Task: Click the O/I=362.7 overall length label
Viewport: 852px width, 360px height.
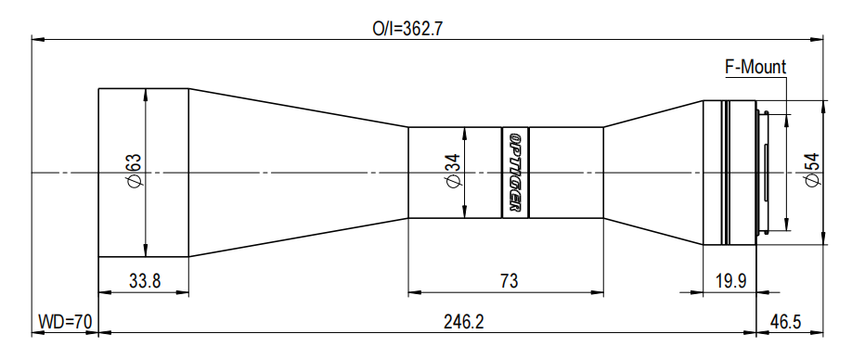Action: [407, 29]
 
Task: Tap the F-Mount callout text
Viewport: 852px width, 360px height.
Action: [755, 68]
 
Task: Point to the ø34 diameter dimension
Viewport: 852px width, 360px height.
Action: [453, 172]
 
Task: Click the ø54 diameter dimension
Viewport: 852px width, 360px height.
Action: [812, 171]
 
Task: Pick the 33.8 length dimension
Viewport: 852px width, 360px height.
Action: [145, 281]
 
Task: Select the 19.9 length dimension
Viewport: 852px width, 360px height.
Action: [730, 281]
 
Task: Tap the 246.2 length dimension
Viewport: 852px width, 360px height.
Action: [463, 322]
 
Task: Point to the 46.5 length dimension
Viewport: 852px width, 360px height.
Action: [785, 322]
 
